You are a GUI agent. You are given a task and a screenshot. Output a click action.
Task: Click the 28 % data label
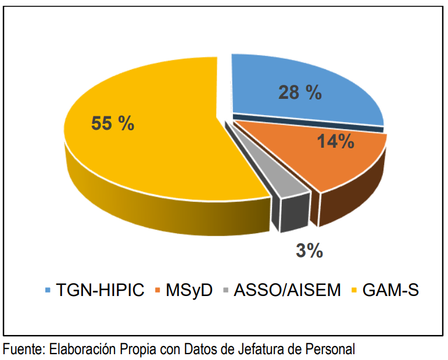click(x=299, y=92)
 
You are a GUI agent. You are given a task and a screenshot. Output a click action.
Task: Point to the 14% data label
click(x=335, y=141)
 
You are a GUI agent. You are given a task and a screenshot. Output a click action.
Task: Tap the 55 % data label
click(x=113, y=123)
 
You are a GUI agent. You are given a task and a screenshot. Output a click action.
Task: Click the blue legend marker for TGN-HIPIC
click(x=48, y=290)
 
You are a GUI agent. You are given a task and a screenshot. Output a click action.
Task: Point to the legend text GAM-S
click(x=390, y=290)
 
